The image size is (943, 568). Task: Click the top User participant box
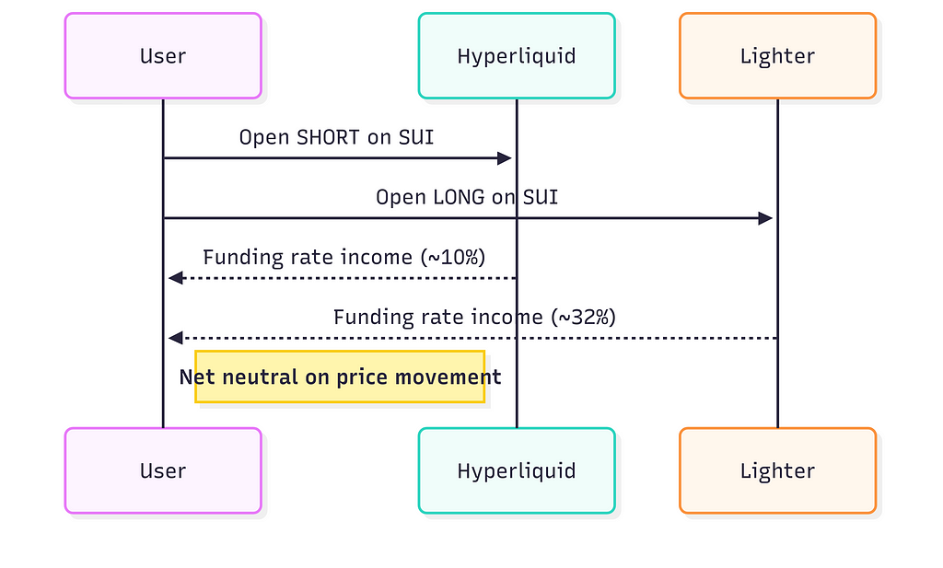[x=163, y=56]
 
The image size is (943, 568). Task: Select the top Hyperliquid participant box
[x=517, y=56]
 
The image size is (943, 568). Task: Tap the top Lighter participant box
[x=777, y=56]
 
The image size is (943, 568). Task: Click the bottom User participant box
[x=163, y=470]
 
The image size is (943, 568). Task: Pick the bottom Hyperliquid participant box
[x=517, y=470]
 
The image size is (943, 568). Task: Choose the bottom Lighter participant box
[x=777, y=470]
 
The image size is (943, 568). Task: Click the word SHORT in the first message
[x=328, y=137]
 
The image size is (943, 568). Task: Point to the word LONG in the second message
[x=459, y=197]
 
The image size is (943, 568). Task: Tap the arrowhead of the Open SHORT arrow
[x=505, y=158]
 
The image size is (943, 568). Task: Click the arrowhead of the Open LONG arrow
[x=765, y=218]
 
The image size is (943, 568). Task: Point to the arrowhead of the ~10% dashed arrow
[x=175, y=278]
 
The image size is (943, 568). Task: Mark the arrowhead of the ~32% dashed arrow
[x=175, y=338]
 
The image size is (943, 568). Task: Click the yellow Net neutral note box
[x=340, y=377]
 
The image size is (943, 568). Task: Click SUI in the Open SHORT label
[x=416, y=137]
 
